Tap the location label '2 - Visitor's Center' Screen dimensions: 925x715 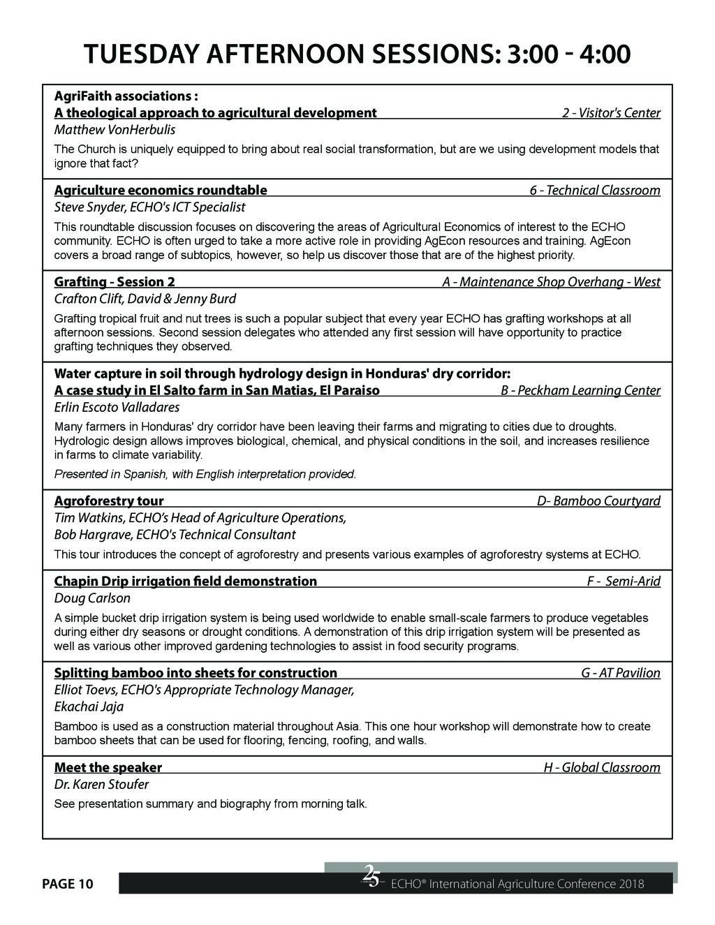tap(611, 113)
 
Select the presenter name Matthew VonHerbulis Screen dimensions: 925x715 tap(115, 130)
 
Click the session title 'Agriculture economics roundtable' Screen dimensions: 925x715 tap(161, 190)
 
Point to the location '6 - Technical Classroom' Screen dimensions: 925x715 tap(595, 190)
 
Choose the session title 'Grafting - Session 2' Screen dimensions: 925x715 tap(115, 282)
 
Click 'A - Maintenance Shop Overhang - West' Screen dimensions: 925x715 tap(551, 282)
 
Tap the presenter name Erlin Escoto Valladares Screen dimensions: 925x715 tap(117, 407)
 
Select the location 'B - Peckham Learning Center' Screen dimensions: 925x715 tap(580, 390)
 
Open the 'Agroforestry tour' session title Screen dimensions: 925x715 tap(109, 501)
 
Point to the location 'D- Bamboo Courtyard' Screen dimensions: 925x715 tap(598, 501)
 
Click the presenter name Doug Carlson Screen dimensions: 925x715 tap(92, 598)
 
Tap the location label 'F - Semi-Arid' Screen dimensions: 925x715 tap(624, 581)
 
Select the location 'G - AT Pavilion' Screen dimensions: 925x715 tap(620, 673)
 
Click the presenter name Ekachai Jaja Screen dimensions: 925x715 tap(89, 706)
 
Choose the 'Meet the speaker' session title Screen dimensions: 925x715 tap(108, 767)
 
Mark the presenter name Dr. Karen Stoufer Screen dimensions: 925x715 tap(101, 784)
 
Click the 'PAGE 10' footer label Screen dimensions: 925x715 tap(67, 884)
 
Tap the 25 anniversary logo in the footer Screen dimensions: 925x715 tap(371, 875)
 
